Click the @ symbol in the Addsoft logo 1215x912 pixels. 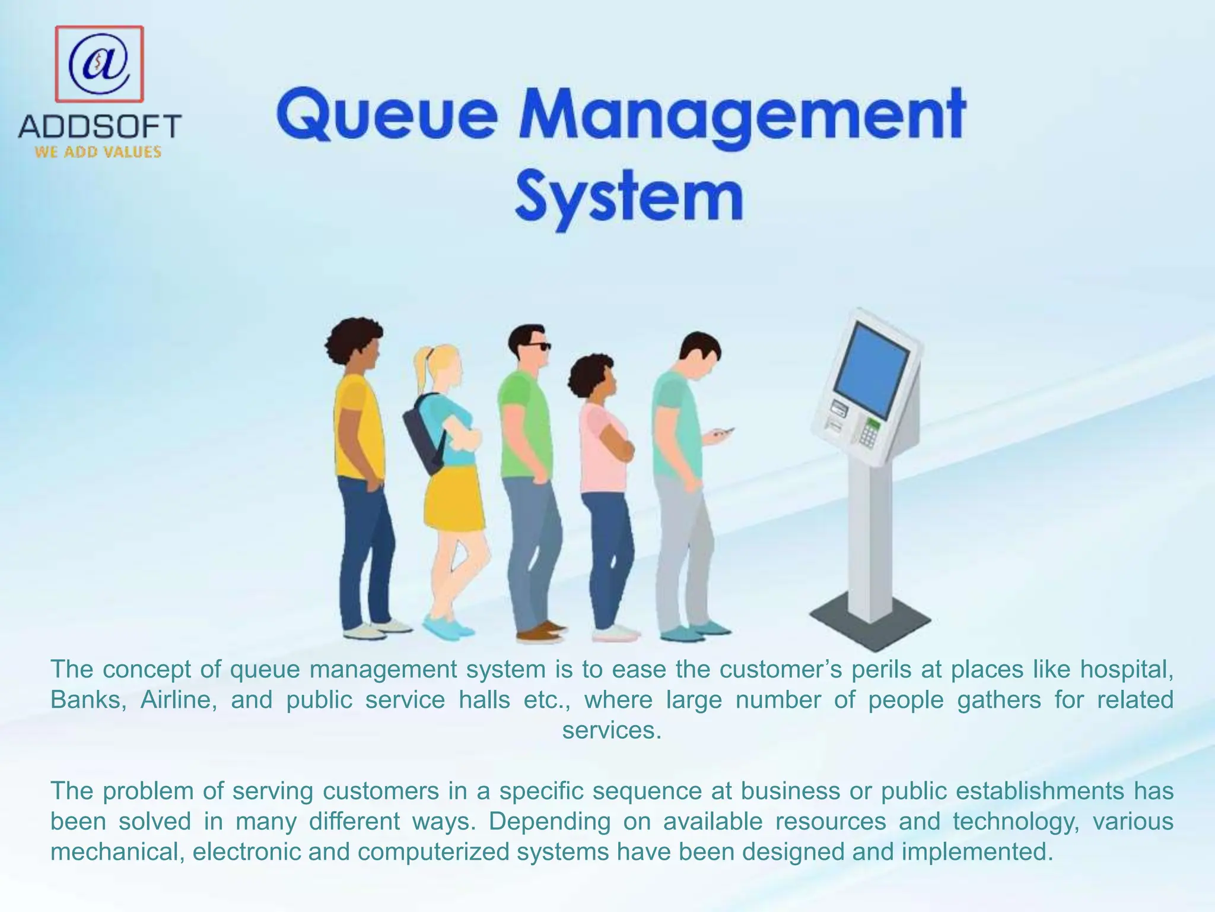(x=99, y=64)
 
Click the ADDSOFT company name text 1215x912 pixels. (x=100, y=126)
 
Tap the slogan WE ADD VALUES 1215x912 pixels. (x=98, y=152)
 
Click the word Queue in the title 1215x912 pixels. (x=386, y=115)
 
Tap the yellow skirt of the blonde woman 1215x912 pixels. (x=454, y=499)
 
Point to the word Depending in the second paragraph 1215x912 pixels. (x=549, y=822)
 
